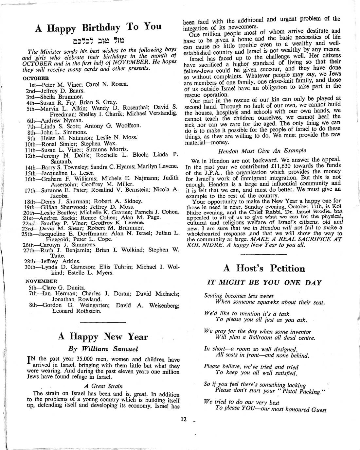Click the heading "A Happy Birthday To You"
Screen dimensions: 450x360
pyautogui.click(x=98, y=27)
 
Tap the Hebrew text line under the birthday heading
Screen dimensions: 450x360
pyautogui.click(x=98, y=41)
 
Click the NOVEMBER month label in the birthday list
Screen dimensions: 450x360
pyautogui.click(x=41, y=281)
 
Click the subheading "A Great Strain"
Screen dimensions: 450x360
pyautogui.click(x=103, y=386)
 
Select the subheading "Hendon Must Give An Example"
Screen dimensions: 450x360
pyautogui.click(x=262, y=150)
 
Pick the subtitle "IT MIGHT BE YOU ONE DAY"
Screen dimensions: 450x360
pyautogui.click(x=264, y=283)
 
